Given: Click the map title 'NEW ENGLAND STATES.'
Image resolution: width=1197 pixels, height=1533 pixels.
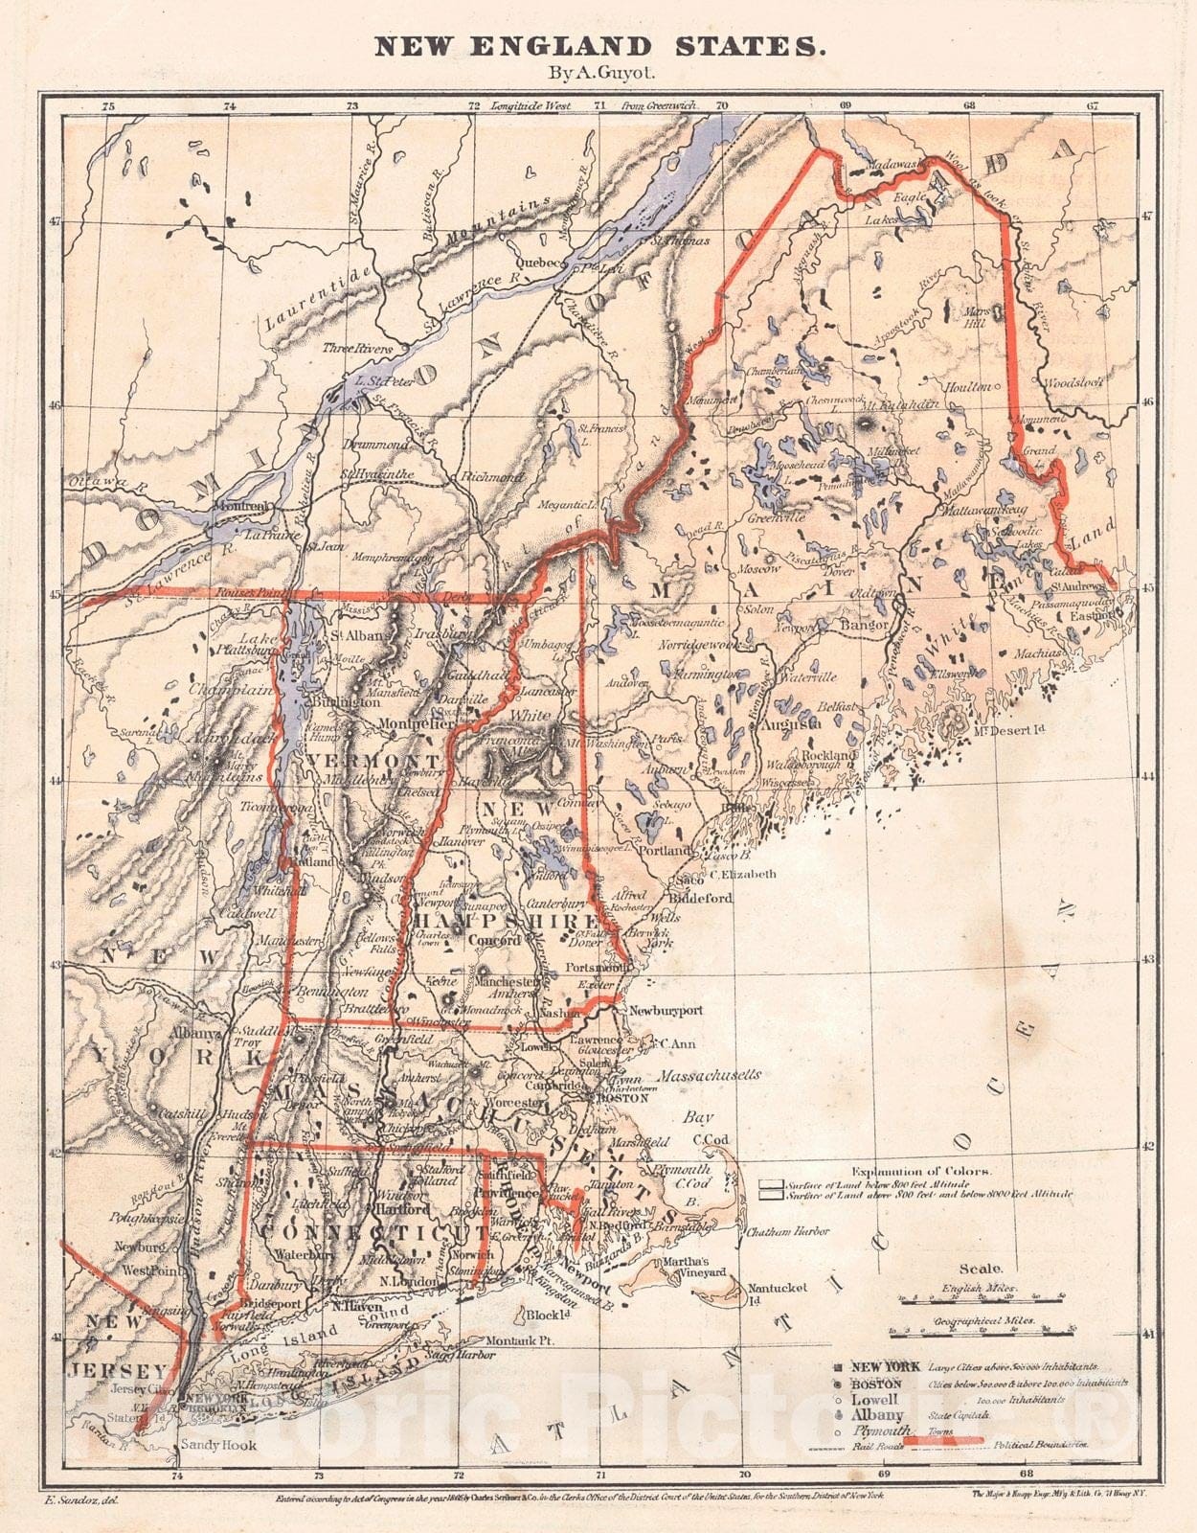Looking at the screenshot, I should tap(598, 45).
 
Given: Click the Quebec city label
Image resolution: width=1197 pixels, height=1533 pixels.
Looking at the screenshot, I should tap(535, 261).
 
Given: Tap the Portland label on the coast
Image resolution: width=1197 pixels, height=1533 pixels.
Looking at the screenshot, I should tap(665, 850).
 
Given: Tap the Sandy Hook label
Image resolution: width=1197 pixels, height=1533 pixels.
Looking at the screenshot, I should tap(218, 1445).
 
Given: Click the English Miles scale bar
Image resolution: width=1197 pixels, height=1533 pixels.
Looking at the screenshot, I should tap(983, 1300).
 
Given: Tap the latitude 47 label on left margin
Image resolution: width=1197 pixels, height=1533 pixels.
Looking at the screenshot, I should tap(54, 220).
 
